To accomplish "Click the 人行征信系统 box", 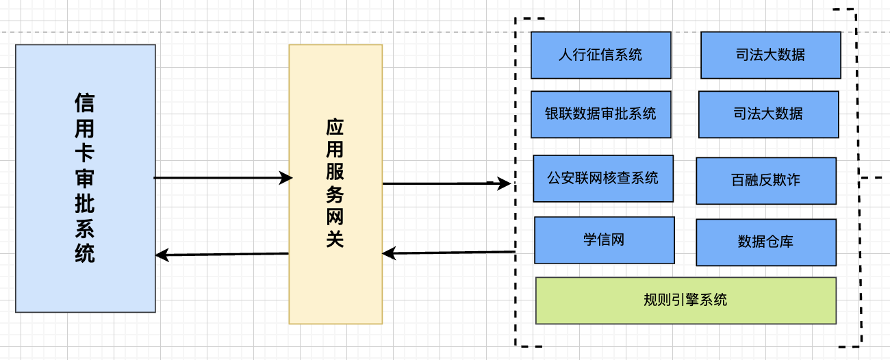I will [x=600, y=55].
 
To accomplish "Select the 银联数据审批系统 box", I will [x=600, y=114].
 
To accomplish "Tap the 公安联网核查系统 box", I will [x=602, y=178].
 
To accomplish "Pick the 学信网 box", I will [x=604, y=240].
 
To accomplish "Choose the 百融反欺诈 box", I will [x=765, y=181].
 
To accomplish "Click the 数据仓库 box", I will [x=765, y=242].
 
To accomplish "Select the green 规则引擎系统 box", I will [x=685, y=300].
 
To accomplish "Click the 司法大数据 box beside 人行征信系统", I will [x=770, y=55].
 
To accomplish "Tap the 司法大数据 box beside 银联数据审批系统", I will [x=768, y=114].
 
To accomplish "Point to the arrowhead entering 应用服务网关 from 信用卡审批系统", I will [x=287, y=178].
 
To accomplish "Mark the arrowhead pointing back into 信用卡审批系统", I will [x=161, y=255].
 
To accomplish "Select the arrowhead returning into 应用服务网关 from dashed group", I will [x=388, y=254].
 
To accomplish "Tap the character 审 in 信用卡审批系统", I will [x=85, y=179].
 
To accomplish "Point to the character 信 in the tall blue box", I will [x=85, y=103].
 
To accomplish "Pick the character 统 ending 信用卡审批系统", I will [x=85, y=254].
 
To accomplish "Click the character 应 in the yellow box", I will [x=335, y=128].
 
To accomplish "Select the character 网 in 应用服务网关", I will [x=335, y=218].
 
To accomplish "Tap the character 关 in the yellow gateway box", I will [x=335, y=240].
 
